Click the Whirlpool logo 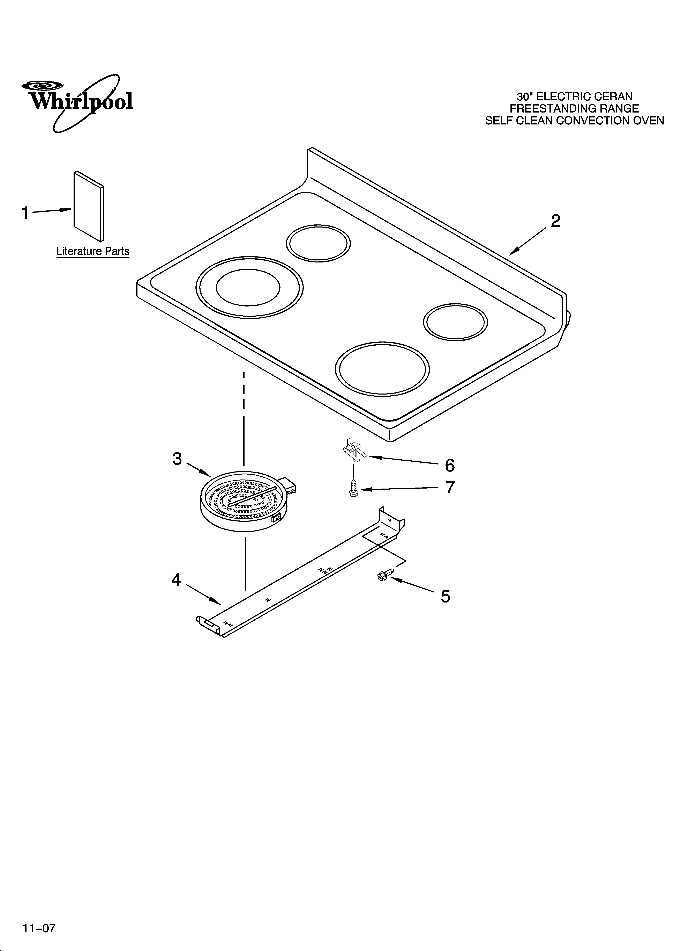(x=77, y=101)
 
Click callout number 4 (x=176, y=580)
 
